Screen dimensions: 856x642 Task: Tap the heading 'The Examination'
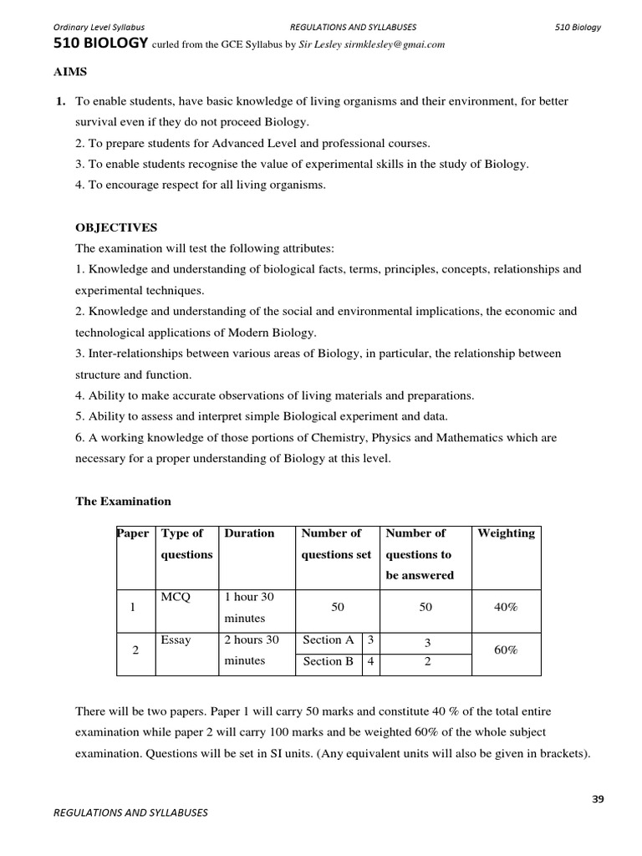[x=123, y=502]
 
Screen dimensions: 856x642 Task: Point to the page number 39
[x=597, y=798]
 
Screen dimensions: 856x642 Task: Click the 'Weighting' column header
[x=506, y=533]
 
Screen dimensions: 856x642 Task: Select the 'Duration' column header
[x=249, y=533]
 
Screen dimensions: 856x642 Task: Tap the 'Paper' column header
[x=135, y=533]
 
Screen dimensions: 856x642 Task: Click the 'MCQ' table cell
[x=176, y=597]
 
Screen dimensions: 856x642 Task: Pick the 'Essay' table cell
[x=176, y=640]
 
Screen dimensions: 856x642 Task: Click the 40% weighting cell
[x=506, y=608]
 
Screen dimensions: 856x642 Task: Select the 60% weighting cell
[x=506, y=650]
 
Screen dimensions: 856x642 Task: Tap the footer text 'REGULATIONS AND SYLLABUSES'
[x=130, y=812]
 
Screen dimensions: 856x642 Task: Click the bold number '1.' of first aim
[x=60, y=101]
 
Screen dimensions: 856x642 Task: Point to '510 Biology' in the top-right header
[x=578, y=27]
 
